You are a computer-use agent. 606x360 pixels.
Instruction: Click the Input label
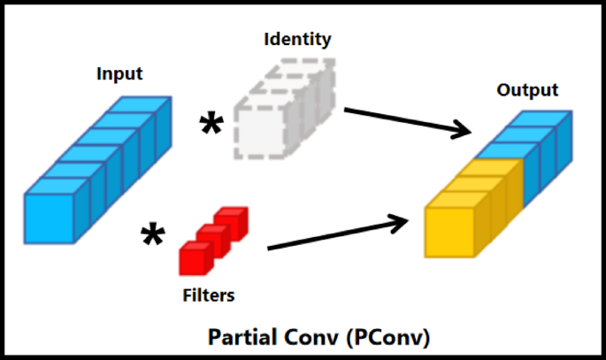coord(119,73)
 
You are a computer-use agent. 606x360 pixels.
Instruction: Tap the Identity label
coord(297,39)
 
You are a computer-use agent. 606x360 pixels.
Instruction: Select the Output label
coord(527,90)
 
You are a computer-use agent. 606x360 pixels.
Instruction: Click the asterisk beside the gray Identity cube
coord(211,126)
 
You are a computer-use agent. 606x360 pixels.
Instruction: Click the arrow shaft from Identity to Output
coord(398,120)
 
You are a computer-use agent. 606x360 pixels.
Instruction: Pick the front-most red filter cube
coord(194,259)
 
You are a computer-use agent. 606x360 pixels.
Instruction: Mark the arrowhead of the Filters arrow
coord(408,218)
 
